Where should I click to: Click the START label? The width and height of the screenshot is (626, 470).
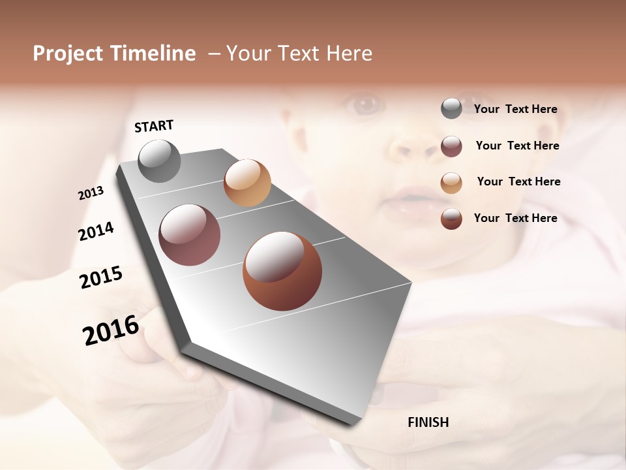point(154,126)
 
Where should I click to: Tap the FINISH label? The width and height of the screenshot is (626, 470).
point(428,422)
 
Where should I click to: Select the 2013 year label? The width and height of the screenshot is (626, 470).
point(91,193)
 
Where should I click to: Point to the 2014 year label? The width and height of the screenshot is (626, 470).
point(96,231)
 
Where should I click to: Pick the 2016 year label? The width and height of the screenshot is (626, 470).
point(111,330)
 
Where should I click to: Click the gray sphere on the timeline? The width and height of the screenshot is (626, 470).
point(160,161)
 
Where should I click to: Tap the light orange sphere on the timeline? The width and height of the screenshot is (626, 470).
point(247,183)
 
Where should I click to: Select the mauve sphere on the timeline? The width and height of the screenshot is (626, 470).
point(190,235)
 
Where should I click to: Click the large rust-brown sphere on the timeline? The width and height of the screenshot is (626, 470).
point(282,271)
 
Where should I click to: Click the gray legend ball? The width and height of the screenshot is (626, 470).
point(451,108)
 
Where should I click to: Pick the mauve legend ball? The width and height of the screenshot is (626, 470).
point(451,146)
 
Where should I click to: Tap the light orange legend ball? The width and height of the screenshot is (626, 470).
point(451,183)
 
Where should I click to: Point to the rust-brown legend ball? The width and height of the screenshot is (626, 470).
point(451,219)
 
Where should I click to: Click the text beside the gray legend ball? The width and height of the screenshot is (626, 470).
point(515,109)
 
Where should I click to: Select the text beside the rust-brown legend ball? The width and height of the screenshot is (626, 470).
point(515,218)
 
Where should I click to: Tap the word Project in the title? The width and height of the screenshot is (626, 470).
point(68,54)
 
